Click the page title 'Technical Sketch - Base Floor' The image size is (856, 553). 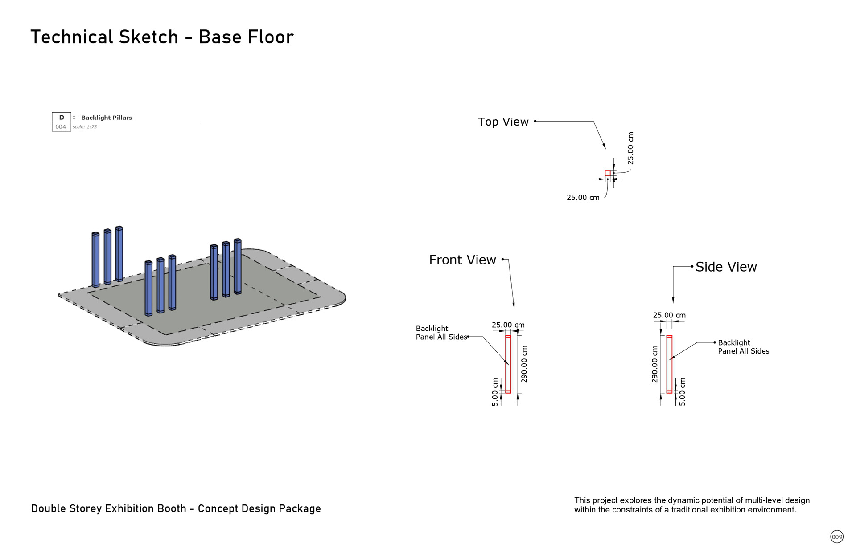tap(162, 37)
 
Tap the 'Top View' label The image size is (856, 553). tap(503, 122)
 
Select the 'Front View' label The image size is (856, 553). tap(462, 260)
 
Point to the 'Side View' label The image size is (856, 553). tap(726, 267)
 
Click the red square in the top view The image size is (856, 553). tap(608, 173)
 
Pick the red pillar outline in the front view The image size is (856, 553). tap(508, 364)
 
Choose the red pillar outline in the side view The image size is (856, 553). tap(669, 364)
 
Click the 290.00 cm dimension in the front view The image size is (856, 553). tap(524, 364)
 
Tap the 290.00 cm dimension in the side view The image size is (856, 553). tap(654, 364)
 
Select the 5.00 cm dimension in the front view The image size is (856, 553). tap(495, 392)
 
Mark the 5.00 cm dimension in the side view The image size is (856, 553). tap(682, 392)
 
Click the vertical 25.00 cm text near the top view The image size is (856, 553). tap(630, 148)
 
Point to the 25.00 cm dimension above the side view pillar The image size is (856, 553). tap(669, 315)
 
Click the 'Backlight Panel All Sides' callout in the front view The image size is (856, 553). tap(441, 333)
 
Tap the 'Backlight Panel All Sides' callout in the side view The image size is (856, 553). tap(743, 347)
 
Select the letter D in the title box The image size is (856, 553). tap(62, 118)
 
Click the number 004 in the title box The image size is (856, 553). tap(61, 127)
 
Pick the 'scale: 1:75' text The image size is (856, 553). tap(85, 127)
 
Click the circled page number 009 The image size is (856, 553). tap(837, 537)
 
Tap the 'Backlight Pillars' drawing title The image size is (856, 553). tap(107, 118)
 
